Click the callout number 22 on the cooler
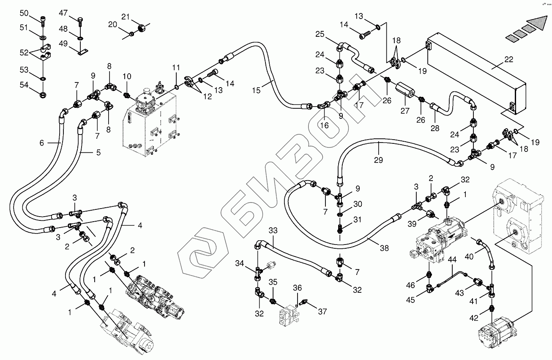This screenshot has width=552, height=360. pyautogui.click(x=509, y=60)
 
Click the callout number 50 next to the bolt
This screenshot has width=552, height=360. pyautogui.click(x=24, y=14)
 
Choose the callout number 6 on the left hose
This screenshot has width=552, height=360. pyautogui.click(x=41, y=143)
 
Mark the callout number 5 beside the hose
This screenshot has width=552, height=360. pyautogui.click(x=98, y=153)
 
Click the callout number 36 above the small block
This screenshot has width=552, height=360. pyautogui.click(x=298, y=288)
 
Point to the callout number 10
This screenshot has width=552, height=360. pyautogui.click(x=127, y=76)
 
